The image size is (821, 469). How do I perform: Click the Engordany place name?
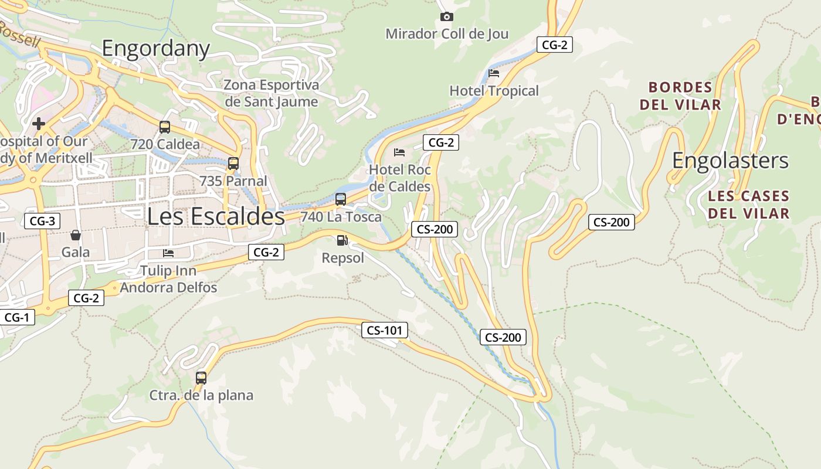pos(155,48)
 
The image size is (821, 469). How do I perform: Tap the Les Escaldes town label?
pos(215,216)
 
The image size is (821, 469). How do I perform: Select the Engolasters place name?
pos(730,161)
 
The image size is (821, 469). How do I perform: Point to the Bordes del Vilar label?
pos(680,96)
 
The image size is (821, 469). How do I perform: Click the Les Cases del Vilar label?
pos(748,204)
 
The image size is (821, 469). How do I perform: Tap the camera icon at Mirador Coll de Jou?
pos(446,16)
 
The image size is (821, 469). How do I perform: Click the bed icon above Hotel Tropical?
pos(494,73)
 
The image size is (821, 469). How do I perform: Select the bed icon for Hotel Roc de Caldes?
pos(399,152)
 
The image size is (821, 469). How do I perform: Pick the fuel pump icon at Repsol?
pos(342,240)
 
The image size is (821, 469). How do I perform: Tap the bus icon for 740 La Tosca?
pos(341,199)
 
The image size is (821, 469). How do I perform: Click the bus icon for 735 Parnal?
pos(233,163)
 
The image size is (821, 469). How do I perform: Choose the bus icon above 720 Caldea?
pos(165,127)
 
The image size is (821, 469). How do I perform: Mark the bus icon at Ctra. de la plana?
pos(201,378)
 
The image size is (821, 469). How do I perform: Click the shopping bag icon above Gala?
pos(76,235)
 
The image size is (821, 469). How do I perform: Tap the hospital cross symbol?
pos(39,124)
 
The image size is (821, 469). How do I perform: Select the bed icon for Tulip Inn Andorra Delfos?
pos(168,253)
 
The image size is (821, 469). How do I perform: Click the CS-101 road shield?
pos(384,330)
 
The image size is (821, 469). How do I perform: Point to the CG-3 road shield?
pos(42,221)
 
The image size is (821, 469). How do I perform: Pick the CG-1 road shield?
pos(17,317)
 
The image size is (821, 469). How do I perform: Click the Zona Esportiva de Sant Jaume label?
pos(272,93)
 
